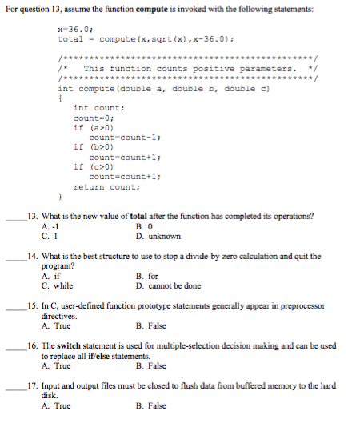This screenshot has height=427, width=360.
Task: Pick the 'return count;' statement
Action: click(105, 186)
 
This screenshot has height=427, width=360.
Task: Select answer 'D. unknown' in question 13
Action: click(158, 237)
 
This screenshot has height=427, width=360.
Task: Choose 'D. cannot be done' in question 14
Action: click(169, 285)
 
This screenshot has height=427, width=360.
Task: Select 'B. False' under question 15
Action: click(151, 326)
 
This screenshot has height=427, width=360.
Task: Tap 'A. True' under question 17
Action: click(56, 405)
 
